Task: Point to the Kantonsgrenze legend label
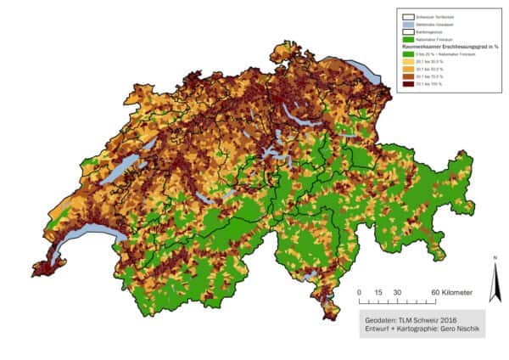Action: coord(432,31)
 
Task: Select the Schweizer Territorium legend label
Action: coord(437,15)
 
